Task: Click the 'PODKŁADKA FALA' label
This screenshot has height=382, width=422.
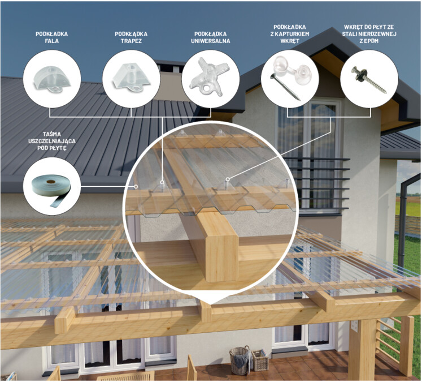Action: [51, 37]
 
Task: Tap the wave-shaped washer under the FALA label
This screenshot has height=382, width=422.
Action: [51, 79]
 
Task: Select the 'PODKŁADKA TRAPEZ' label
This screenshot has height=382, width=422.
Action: [131, 37]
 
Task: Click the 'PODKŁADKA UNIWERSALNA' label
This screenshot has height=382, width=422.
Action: [211, 37]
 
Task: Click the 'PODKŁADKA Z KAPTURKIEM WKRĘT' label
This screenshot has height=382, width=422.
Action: [290, 34]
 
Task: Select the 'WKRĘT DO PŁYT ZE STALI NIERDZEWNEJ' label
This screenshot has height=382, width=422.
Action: [369, 34]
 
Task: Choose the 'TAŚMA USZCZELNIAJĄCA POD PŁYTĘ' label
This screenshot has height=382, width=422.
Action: [51, 141]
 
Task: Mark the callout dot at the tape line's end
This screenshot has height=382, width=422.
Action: [136, 186]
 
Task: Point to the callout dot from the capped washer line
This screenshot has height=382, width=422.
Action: [228, 179]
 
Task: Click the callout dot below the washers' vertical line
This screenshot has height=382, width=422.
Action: [162, 182]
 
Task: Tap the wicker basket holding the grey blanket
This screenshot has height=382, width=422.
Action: [240, 361]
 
